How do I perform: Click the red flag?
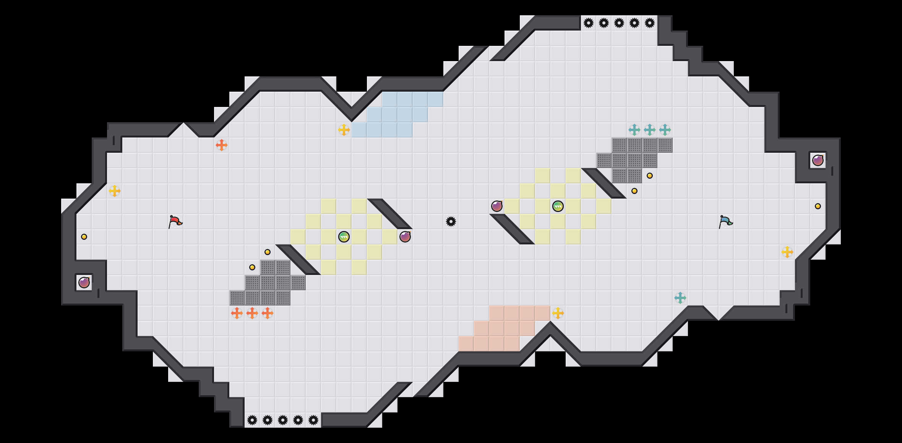point(175,221)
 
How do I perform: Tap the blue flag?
point(725,221)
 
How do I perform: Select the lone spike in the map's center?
point(451,221)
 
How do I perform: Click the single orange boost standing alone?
point(222,145)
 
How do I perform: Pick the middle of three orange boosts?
point(252,313)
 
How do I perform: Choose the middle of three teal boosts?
point(650,130)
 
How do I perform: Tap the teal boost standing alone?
point(680,298)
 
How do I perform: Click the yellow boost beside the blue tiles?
point(344,130)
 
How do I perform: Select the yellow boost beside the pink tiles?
point(558,313)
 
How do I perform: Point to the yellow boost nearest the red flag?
point(115,191)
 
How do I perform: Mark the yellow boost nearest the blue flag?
point(787,252)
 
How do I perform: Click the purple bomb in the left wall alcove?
point(84,283)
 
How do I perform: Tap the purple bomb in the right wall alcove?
point(818,160)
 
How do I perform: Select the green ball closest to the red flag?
point(344,237)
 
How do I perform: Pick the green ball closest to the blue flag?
point(558,206)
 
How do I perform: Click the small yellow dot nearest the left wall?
point(84,237)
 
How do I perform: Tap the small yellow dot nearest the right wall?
point(818,206)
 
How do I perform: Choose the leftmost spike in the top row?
point(589,23)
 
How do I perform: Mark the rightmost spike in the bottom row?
point(313,420)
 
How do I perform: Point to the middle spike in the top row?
point(619,23)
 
